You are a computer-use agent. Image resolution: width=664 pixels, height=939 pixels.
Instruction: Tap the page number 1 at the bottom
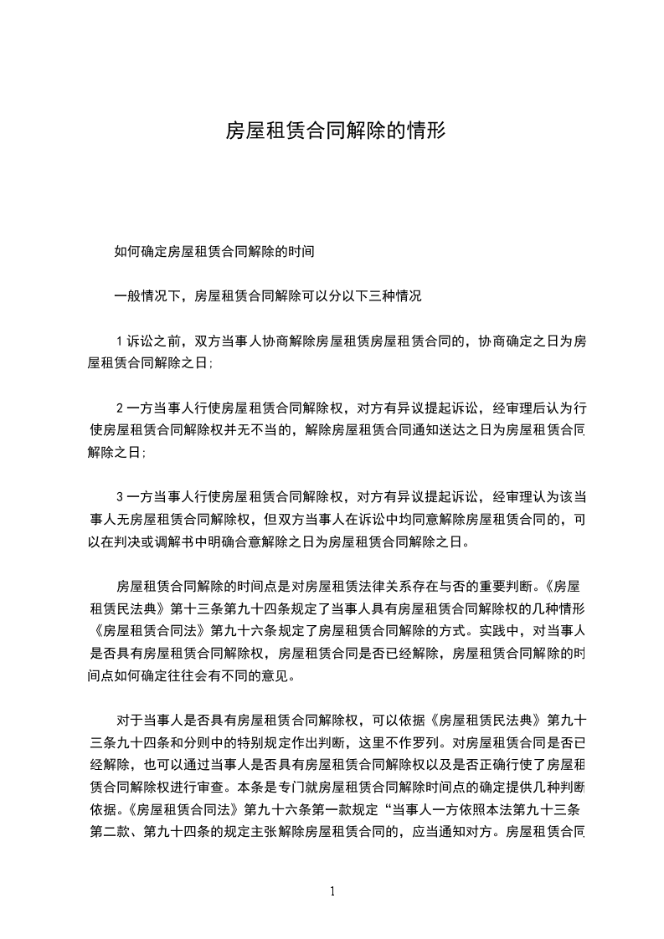click(x=332, y=892)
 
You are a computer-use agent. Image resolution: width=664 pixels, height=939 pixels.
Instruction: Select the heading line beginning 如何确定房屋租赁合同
click(x=214, y=250)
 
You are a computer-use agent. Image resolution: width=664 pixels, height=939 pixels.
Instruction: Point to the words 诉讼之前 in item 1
click(x=155, y=341)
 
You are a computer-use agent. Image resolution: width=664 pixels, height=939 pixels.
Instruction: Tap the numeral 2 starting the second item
click(x=120, y=408)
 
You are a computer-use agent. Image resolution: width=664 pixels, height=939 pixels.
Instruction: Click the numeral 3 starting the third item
click(x=120, y=496)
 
